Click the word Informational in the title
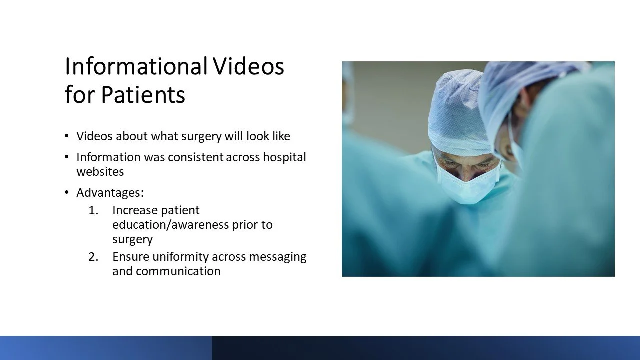tap(136, 66)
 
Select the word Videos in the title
tap(249, 66)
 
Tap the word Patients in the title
tap(143, 94)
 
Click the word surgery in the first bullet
tap(201, 137)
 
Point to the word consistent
tap(195, 157)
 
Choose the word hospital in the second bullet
tap(284, 158)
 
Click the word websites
tap(100, 172)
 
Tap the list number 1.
tap(93, 210)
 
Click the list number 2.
tap(93, 257)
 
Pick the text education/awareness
tap(171, 225)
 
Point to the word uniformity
tap(181, 257)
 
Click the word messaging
tap(278, 257)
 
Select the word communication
tap(178, 271)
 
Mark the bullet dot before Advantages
tap(67, 193)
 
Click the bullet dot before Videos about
tap(67, 136)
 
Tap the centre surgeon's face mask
tap(468, 185)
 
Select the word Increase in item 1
tap(135, 210)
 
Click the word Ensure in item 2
tap(131, 257)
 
